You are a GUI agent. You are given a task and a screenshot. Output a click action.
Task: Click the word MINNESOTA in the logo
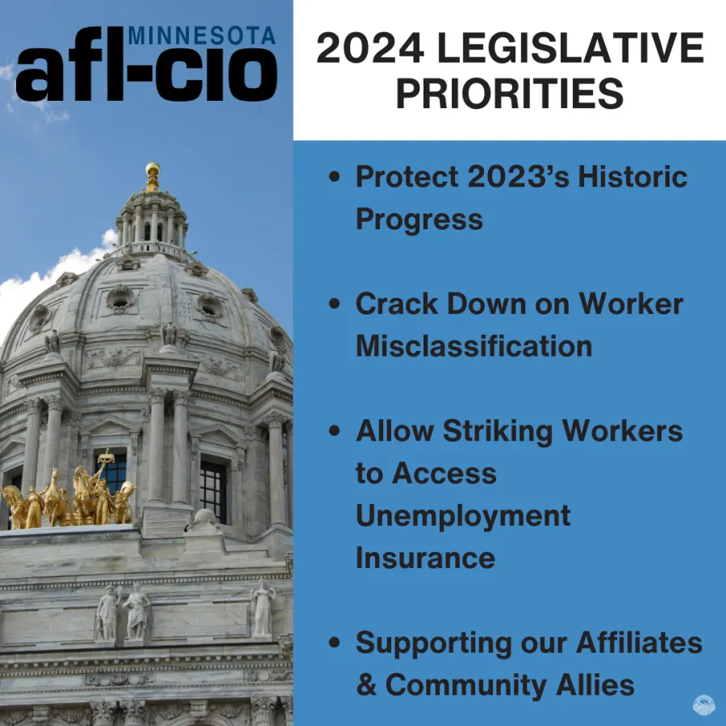(x=201, y=35)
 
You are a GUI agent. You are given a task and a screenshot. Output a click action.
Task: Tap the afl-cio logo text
(x=146, y=73)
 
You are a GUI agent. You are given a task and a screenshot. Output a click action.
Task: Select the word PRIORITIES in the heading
(x=509, y=94)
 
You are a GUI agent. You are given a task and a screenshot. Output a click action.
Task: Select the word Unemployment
(x=463, y=515)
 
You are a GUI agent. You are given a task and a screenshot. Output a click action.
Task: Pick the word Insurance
(x=425, y=557)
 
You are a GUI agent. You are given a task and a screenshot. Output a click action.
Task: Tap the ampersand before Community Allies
(x=366, y=686)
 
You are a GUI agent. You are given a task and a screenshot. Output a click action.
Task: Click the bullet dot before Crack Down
(x=335, y=305)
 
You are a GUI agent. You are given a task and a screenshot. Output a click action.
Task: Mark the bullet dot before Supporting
(x=335, y=644)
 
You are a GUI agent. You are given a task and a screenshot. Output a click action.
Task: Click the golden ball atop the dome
(x=152, y=169)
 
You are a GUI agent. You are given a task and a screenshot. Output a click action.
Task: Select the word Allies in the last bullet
(x=595, y=686)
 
